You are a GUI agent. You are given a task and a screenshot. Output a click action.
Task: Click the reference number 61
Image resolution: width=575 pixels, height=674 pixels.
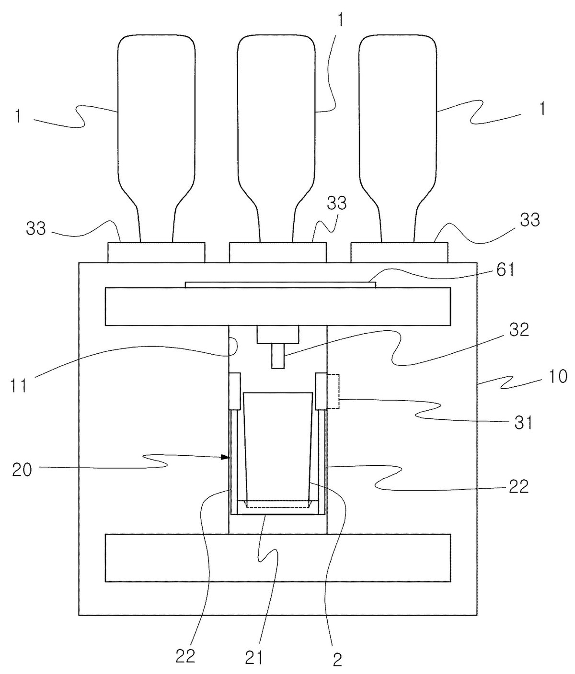click(505, 270)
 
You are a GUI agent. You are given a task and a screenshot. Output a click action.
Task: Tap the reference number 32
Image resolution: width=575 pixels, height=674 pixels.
click(518, 330)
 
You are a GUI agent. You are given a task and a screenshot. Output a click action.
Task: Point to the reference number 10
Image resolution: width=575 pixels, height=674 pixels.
click(558, 377)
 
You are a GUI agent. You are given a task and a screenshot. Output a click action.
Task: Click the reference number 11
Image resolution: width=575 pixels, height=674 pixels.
click(19, 387)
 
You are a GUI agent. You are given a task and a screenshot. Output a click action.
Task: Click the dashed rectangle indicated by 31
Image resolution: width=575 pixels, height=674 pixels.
click(333, 391)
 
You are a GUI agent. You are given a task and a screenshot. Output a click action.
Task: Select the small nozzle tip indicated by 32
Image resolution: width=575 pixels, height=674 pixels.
click(278, 356)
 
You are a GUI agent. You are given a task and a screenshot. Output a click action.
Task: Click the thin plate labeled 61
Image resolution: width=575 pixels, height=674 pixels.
click(280, 285)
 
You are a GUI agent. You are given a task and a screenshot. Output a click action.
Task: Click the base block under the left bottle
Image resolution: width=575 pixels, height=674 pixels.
click(156, 252)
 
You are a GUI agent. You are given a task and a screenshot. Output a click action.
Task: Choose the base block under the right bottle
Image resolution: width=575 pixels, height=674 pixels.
click(399, 252)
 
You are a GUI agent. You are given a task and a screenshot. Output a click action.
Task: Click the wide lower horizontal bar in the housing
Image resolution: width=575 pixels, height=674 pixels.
click(278, 558)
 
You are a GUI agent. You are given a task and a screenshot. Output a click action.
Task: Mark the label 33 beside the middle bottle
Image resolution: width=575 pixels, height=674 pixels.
click(336, 203)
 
